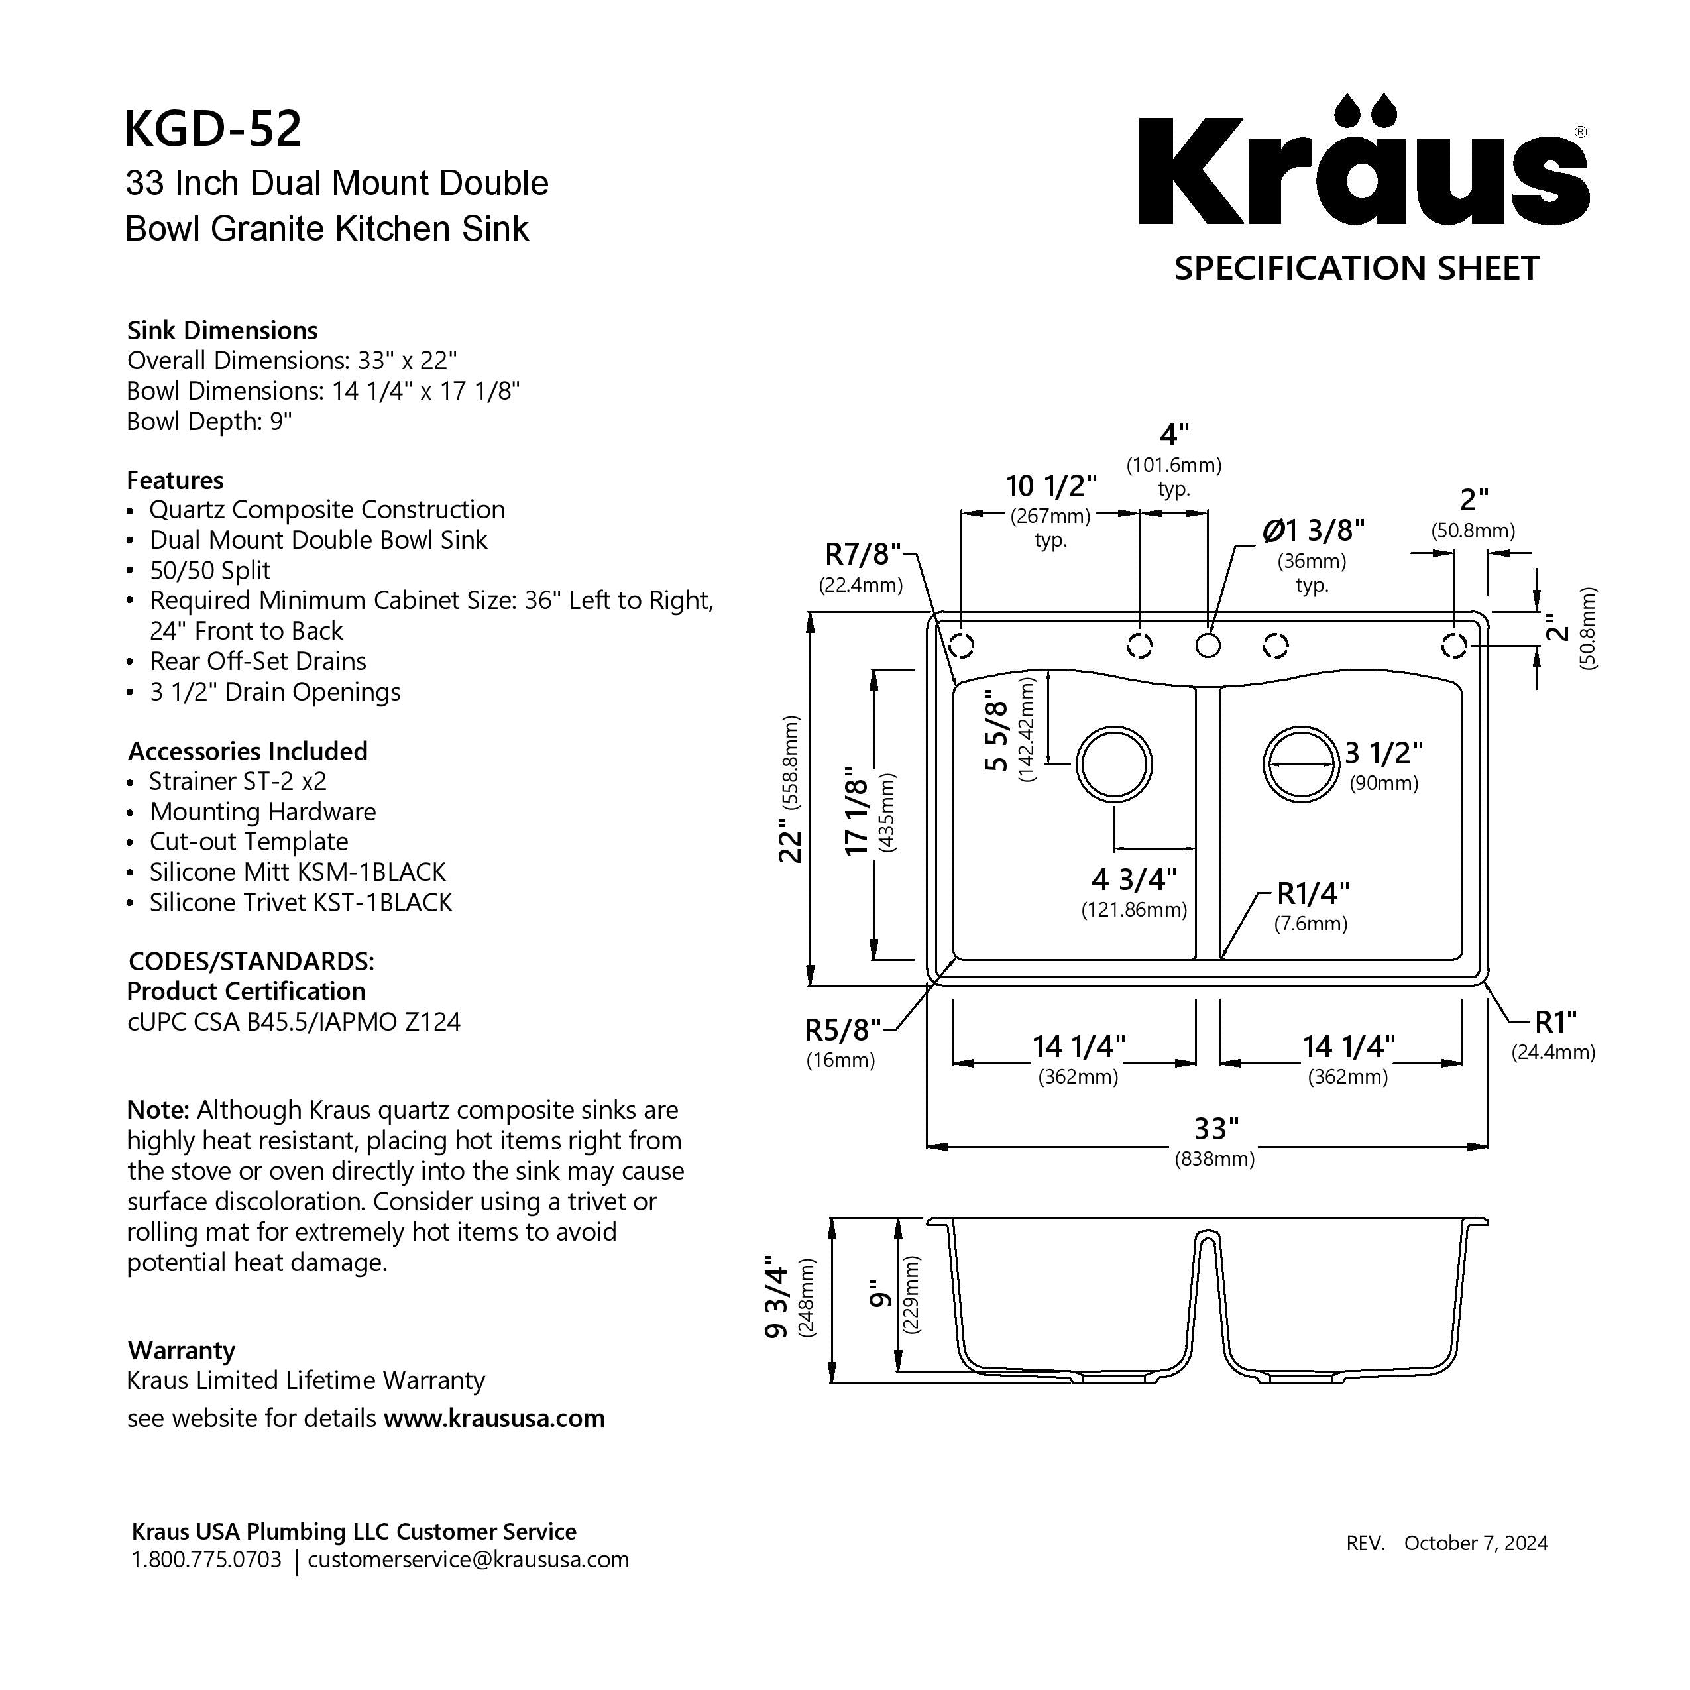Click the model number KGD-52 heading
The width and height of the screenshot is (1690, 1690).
tap(213, 129)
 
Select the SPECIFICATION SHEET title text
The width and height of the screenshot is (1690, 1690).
tap(1356, 268)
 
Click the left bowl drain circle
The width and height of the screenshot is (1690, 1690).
tap(1113, 763)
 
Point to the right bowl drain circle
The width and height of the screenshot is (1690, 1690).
tap(1301, 763)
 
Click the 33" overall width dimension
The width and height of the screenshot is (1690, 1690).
tap(1216, 1129)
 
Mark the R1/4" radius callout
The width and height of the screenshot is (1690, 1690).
tap(1313, 893)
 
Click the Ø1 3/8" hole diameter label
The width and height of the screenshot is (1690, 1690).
tap(1313, 530)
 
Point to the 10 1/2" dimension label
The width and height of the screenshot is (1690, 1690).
tap(1050, 486)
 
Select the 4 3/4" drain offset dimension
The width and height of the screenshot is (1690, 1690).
tap(1134, 878)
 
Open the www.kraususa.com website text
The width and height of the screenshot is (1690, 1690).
tap(494, 1418)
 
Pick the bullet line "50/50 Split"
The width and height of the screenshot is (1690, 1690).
tap(210, 571)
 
